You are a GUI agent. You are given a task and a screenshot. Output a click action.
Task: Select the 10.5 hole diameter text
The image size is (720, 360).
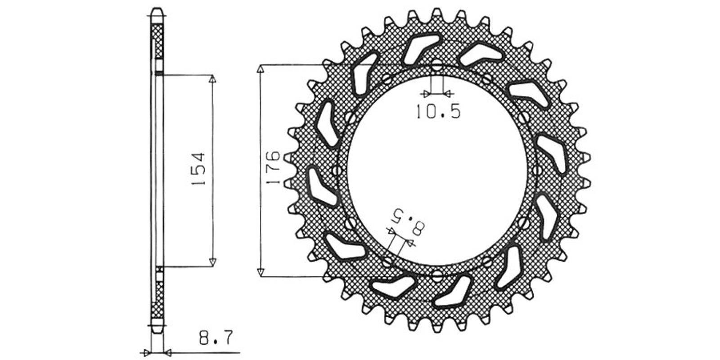tap(438, 112)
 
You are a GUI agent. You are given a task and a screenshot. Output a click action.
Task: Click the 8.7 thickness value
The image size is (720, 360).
tap(216, 337)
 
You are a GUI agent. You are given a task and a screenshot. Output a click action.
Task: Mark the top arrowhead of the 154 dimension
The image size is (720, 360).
tap(212, 79)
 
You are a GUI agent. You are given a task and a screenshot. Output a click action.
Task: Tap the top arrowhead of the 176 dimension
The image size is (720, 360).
tap(261, 69)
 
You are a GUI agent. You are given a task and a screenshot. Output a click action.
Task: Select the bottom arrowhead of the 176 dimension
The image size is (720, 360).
tap(261, 272)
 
